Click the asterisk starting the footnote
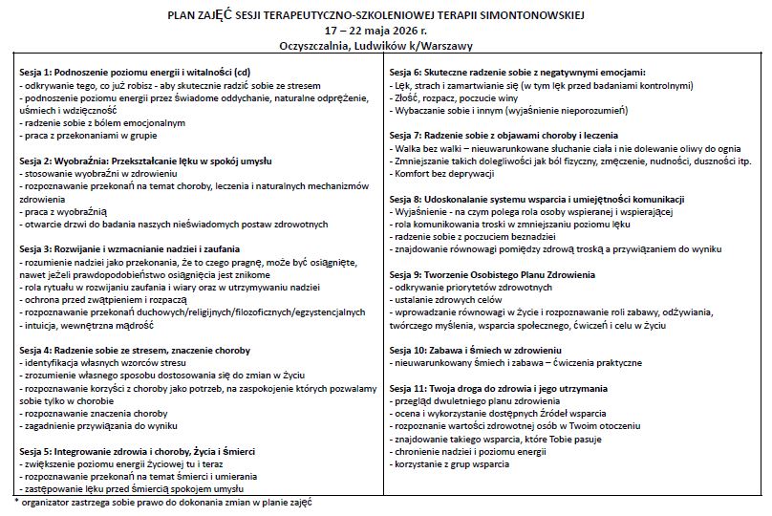(x=16, y=500)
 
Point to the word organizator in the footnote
(x=48, y=501)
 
